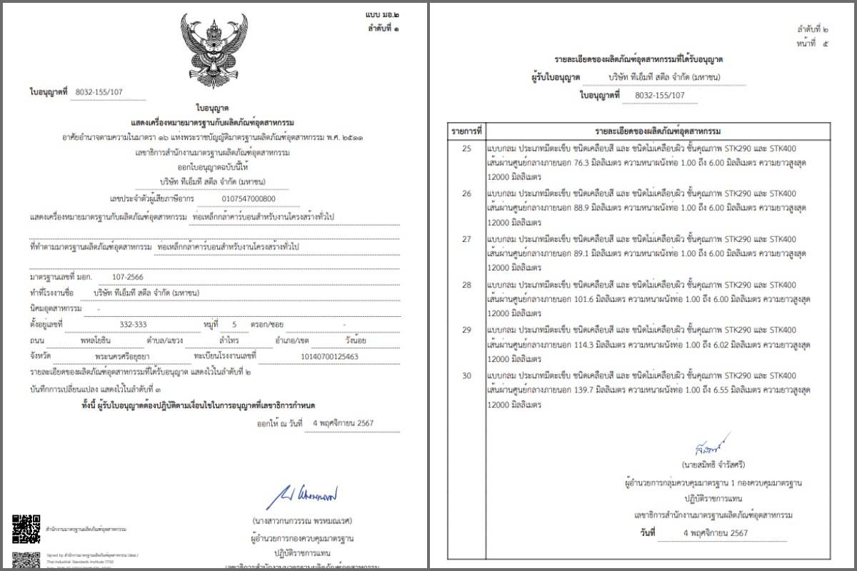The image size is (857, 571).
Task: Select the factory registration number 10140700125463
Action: coord(331,356)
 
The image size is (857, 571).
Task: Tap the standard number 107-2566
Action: coord(127,276)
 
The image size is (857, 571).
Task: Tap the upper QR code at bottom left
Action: coord(26,528)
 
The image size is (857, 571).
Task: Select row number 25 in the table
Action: coord(466,148)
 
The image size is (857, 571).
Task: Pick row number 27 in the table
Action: coord(466,239)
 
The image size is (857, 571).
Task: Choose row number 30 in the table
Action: coord(466,375)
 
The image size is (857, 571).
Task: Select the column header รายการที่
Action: coord(467,131)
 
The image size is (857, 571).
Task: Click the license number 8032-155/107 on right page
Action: coord(659,95)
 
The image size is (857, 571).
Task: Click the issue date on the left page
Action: coord(343,423)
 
